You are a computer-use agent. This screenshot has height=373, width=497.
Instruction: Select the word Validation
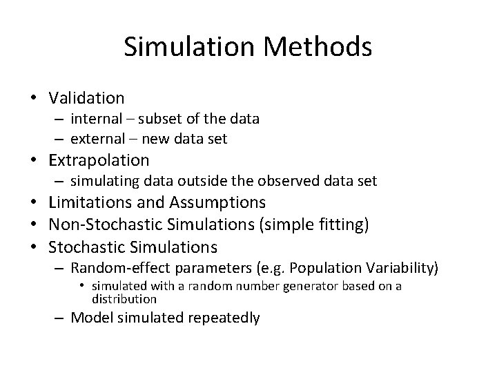point(86,98)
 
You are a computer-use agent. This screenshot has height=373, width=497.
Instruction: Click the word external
point(99,139)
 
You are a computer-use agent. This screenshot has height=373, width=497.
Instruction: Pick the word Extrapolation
point(99,160)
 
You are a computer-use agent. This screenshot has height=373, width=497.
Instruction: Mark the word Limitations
point(92,202)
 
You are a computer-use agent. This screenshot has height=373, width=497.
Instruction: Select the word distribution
point(124,299)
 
